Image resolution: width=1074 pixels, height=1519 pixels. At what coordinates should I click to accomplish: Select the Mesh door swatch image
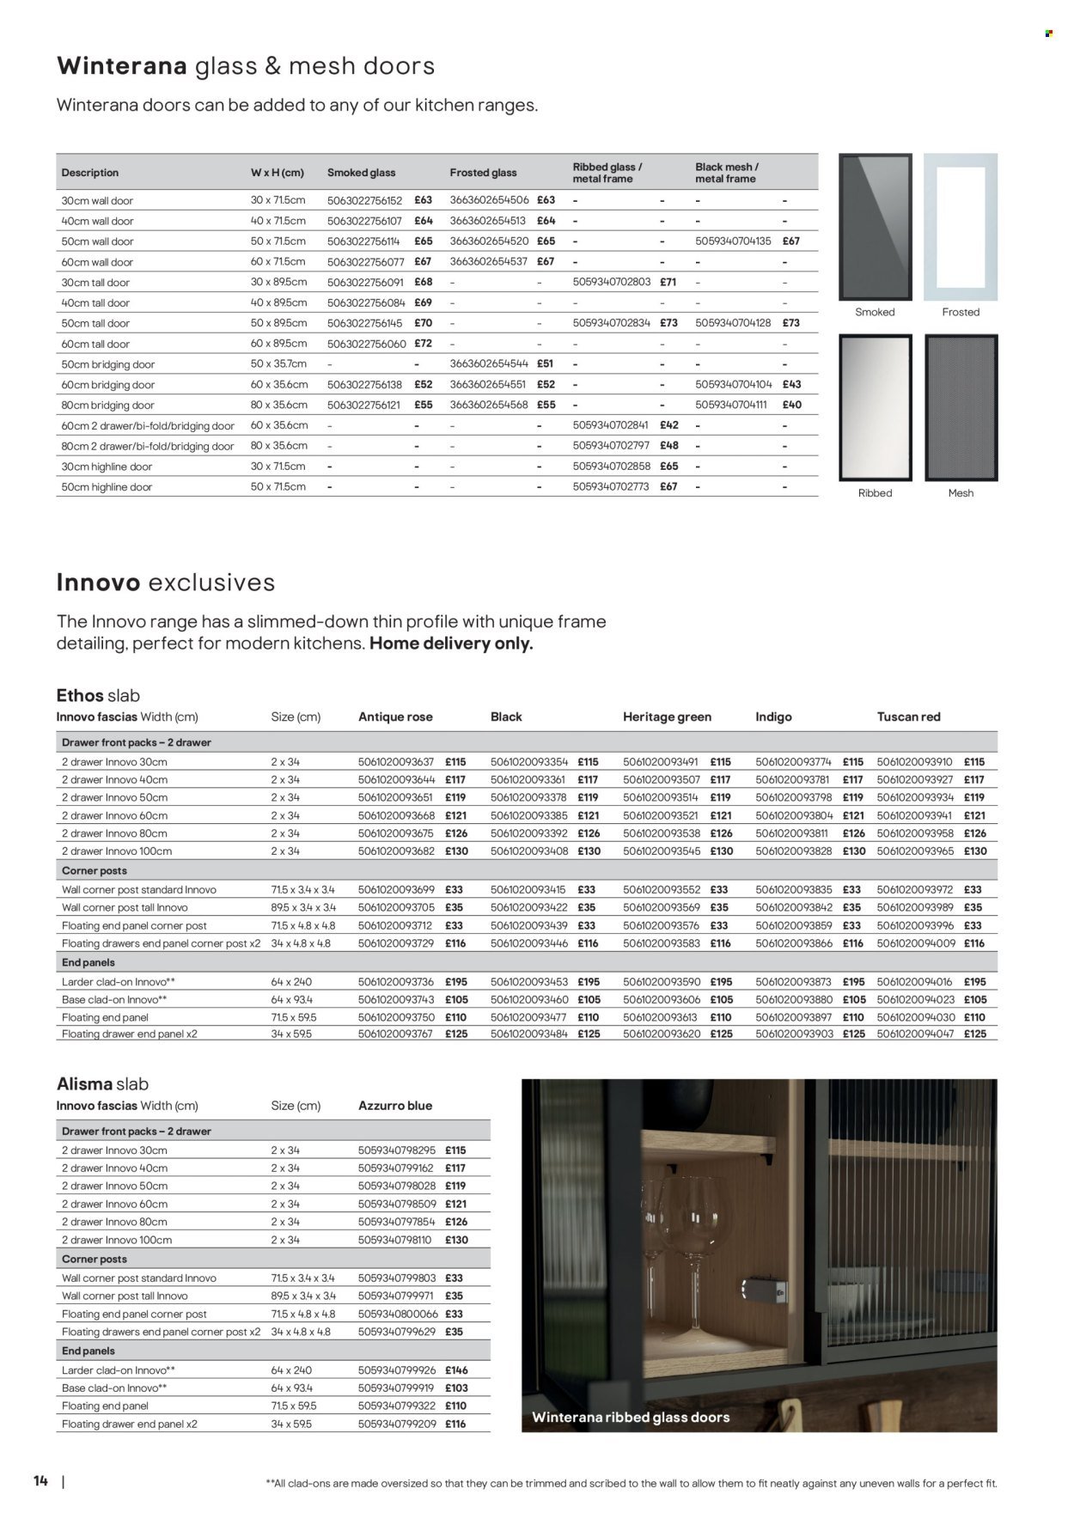coord(961,407)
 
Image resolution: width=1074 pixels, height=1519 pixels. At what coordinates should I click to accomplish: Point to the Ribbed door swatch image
coord(875,407)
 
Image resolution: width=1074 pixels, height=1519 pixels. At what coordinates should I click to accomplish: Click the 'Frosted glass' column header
coord(483,173)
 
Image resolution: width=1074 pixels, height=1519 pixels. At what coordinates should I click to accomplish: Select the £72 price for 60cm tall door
coord(423,344)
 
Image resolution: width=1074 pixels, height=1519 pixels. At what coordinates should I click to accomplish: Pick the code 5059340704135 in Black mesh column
coord(733,241)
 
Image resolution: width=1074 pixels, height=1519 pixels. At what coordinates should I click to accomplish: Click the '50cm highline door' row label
coord(107,487)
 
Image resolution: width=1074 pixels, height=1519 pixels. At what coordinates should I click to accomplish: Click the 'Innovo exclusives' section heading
coord(165,583)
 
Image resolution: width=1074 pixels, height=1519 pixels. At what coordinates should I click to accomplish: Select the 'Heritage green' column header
coord(667,717)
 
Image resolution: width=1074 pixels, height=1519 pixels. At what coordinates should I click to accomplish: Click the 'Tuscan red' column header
coord(909,717)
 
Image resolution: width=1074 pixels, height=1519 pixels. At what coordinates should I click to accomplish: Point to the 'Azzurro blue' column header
coord(394,1106)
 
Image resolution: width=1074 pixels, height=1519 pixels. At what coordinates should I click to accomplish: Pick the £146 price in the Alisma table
coord(455,1370)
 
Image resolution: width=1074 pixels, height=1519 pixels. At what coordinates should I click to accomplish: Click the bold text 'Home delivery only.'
coord(451,644)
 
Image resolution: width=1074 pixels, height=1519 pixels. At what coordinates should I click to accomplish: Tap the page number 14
coord(40,1481)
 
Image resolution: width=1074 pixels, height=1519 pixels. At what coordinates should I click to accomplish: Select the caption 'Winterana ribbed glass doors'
coord(631,1417)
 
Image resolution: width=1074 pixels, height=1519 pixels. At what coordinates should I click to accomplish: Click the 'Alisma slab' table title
coord(101,1084)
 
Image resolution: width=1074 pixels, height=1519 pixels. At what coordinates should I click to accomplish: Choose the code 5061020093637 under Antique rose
coord(396,762)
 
